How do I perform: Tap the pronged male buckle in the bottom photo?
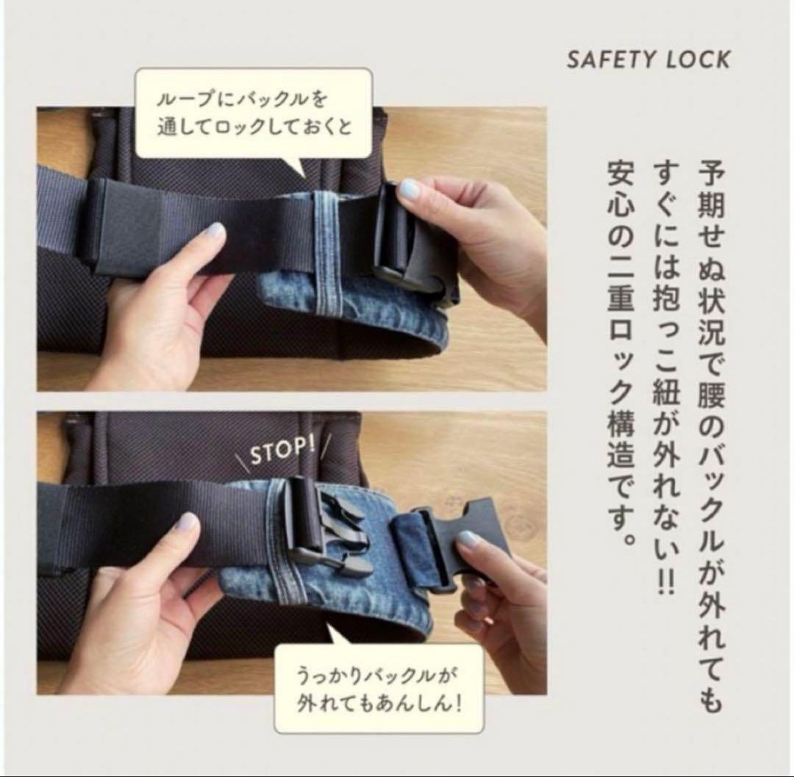click(x=324, y=526)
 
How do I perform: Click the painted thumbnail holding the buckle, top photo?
click(x=408, y=190)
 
